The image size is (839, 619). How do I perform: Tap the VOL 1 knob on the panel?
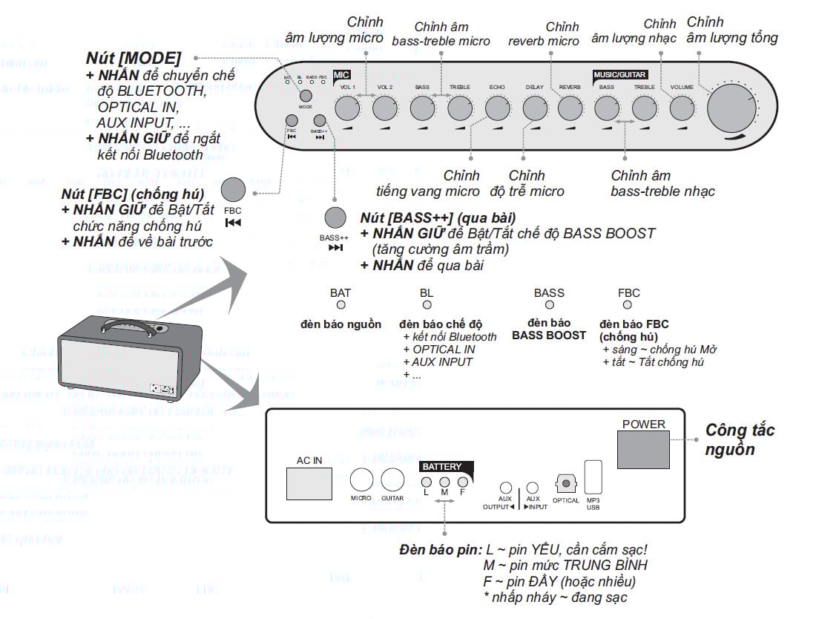(347, 108)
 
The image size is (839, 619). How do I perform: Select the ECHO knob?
(496, 108)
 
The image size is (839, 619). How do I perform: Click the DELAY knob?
(534, 108)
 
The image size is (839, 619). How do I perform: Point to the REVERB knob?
(570, 108)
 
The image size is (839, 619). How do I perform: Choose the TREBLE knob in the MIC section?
(459, 108)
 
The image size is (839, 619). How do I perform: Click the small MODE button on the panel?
(306, 95)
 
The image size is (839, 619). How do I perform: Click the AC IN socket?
(309, 484)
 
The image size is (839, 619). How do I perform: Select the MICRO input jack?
(361, 479)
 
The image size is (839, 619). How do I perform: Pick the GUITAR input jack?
(392, 479)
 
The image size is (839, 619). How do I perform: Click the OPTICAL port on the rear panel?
(566, 484)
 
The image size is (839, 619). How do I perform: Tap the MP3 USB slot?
(593, 477)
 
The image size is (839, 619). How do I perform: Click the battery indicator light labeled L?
(426, 481)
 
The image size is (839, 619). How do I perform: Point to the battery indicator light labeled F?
(462, 481)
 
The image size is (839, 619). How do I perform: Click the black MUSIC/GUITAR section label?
(620, 75)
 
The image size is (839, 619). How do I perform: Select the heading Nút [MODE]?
(134, 58)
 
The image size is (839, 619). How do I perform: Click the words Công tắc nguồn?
(740, 439)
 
